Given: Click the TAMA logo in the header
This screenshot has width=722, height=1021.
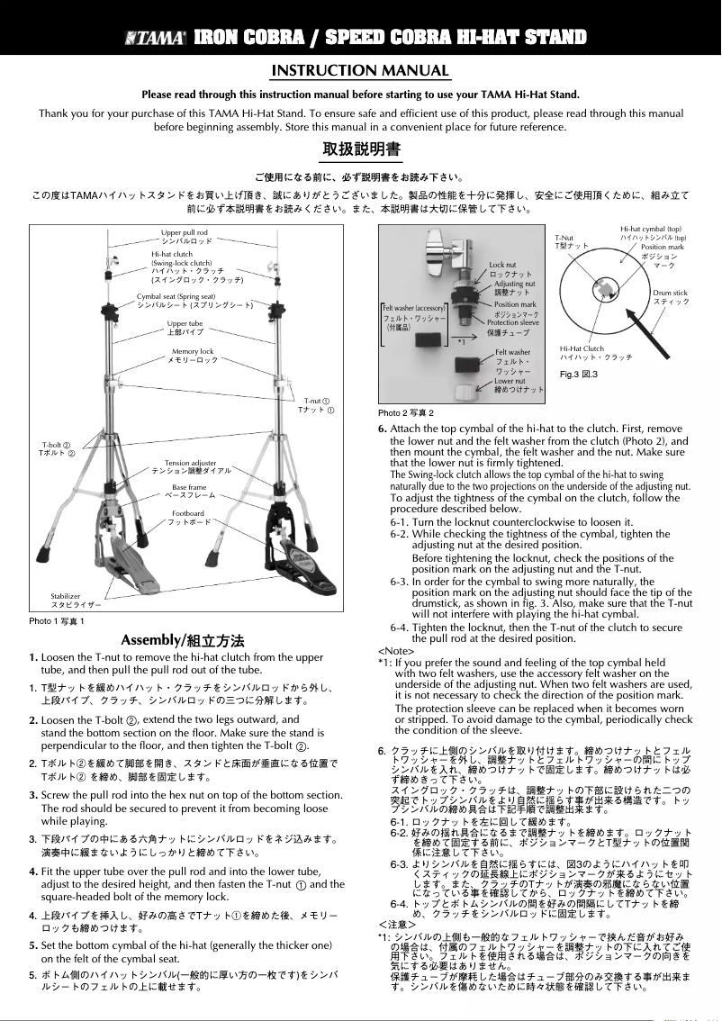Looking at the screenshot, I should (156, 38).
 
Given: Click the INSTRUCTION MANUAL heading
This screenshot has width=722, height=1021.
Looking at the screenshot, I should (360, 71).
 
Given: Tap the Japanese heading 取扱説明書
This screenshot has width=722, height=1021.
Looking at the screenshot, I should (361, 148).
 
